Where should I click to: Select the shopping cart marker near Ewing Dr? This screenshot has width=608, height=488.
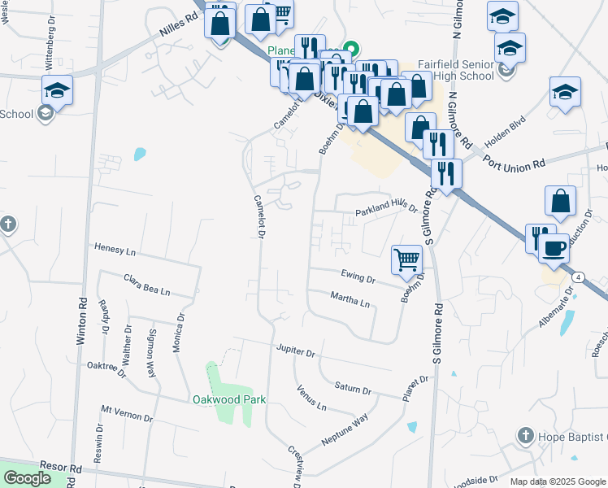coord(406,260)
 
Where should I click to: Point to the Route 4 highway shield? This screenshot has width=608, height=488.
coord(577,277)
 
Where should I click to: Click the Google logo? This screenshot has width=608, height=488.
coord(28,477)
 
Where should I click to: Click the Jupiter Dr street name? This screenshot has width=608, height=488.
coord(295,352)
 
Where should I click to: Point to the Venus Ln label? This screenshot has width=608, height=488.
coord(311,398)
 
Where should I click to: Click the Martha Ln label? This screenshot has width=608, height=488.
coord(350,300)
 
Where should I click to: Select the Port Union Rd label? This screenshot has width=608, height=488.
coord(513,163)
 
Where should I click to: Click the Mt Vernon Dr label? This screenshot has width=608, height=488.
coord(127,412)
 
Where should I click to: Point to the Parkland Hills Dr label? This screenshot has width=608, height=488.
coord(385,211)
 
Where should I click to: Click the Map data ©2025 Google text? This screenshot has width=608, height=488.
coord(558,481)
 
